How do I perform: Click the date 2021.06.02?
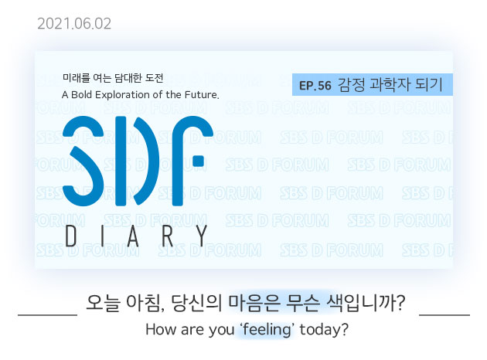point(74,24)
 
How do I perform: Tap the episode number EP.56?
point(315,86)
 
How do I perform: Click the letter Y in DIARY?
point(202,236)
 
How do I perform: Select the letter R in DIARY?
point(168,236)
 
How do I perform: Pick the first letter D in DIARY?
point(71,236)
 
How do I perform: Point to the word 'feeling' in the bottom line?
point(266,329)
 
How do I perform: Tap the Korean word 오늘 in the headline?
point(103,302)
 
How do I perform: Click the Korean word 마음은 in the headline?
point(254,302)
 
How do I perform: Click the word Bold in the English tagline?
point(82,94)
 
